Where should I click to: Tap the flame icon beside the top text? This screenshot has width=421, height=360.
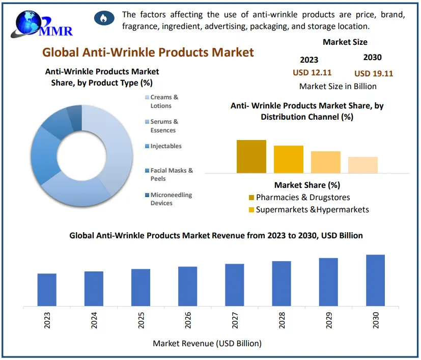[x=103, y=19]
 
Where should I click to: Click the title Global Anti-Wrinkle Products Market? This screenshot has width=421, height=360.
[x=148, y=52]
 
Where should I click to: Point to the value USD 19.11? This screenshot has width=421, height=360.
[x=374, y=73]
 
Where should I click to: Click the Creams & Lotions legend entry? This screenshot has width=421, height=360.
[x=164, y=101]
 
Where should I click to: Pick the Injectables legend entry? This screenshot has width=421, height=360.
[x=165, y=146]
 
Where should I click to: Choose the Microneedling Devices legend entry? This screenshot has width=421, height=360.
[x=164, y=199]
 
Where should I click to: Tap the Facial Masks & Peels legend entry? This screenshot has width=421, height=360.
[x=172, y=175]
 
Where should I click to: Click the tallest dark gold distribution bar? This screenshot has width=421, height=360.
[x=251, y=156]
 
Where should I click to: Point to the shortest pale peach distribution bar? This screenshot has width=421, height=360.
[x=362, y=164]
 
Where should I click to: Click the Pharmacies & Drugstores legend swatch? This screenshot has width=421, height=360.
[x=251, y=198]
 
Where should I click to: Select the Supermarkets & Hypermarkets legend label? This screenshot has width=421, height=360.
[x=312, y=209]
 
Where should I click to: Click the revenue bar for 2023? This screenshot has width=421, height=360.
[x=47, y=290]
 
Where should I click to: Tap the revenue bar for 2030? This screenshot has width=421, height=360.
[x=376, y=281]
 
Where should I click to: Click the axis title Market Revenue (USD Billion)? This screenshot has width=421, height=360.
[x=207, y=343]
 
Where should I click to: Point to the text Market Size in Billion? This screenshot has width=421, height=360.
[x=338, y=86]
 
